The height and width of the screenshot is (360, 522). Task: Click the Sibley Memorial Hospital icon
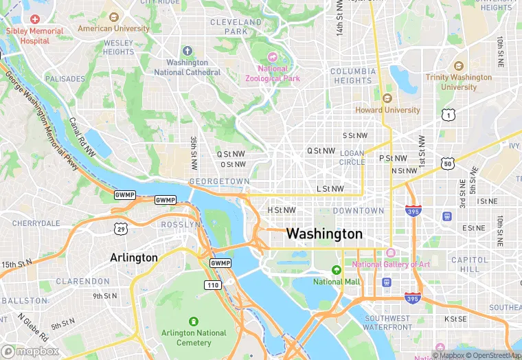point(34,19)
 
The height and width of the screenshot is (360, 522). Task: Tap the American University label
point(113,29)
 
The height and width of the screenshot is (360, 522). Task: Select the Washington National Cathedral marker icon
point(188,52)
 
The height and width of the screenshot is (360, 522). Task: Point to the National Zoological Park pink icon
point(273,57)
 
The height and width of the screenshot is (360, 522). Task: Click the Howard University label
point(387,110)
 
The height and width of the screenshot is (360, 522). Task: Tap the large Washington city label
point(324,234)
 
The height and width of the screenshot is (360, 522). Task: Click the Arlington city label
point(134,258)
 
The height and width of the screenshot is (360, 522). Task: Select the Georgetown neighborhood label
point(219,181)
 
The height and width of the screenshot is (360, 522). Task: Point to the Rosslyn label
point(182,225)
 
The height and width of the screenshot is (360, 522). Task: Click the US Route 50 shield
point(447,163)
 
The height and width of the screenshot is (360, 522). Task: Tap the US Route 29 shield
point(120,227)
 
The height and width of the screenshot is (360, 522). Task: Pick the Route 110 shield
point(212,284)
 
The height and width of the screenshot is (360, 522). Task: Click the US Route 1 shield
point(448,115)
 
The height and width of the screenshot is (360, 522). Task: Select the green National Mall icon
point(337,270)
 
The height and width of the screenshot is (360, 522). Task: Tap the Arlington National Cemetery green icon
point(193,322)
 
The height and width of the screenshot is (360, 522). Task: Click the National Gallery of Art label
point(391,265)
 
